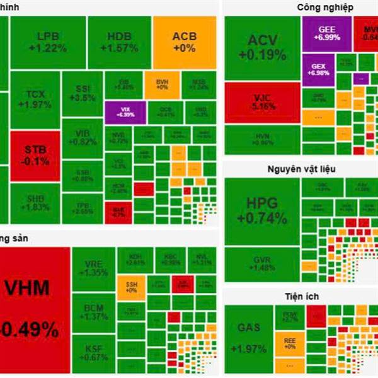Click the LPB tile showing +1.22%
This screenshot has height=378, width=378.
click(48, 42)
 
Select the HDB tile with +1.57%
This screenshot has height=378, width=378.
click(118, 42)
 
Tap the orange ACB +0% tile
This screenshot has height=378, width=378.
click(185, 42)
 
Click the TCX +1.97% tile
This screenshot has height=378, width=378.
click(35, 98)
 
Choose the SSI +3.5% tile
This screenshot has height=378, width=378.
click(83, 94)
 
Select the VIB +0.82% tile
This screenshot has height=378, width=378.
click(83, 138)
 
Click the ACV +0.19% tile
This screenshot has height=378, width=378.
click(262, 48)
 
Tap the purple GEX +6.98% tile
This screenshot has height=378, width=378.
click(319, 69)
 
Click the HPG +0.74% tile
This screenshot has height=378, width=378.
click(262, 211)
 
